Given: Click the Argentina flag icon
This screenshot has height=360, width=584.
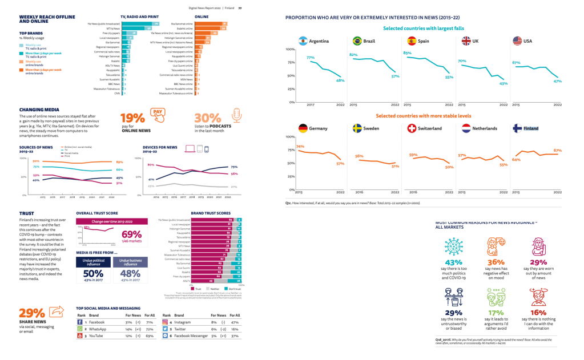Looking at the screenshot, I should (x=301, y=41).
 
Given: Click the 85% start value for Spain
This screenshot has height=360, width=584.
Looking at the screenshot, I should (x=407, y=53).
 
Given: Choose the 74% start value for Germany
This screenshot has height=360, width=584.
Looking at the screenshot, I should (x=300, y=147).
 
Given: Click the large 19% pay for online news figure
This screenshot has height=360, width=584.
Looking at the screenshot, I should (x=132, y=118).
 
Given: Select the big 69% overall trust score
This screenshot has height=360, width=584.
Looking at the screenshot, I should (x=132, y=235).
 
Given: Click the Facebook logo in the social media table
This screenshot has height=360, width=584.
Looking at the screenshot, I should (x=80, y=322).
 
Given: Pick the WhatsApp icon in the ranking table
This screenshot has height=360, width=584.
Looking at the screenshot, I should (x=80, y=329).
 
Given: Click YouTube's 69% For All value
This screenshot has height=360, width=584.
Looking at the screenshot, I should (x=150, y=337).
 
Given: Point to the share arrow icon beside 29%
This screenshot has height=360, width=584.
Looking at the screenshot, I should (x=56, y=312).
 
